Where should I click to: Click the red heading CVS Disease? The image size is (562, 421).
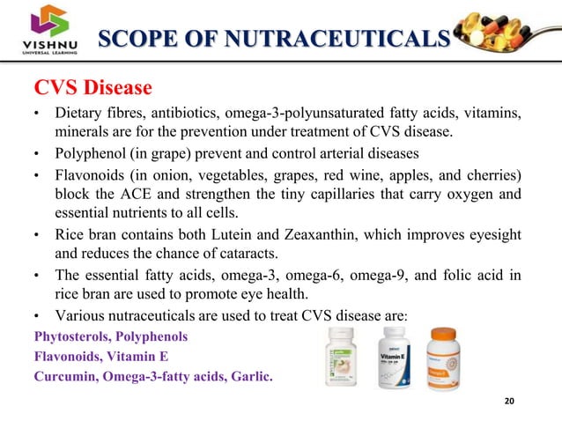93,89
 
